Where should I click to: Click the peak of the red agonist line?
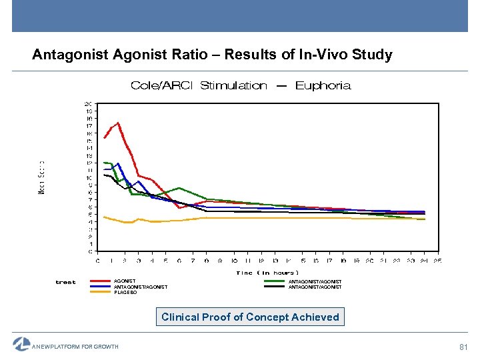pyautogui.click(x=118, y=123)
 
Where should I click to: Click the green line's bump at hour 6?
pyautogui.click(x=179, y=188)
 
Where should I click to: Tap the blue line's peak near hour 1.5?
pyautogui.click(x=118, y=163)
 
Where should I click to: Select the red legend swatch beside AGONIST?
pyautogui.click(x=101, y=281)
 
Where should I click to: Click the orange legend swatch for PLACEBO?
pyautogui.click(x=101, y=292)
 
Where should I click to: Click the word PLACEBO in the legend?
pyautogui.click(x=125, y=293)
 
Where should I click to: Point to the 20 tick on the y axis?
pyautogui.click(x=88, y=104)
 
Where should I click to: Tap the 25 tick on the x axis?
pyautogui.click(x=438, y=260)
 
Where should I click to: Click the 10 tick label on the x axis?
pyautogui.click(x=233, y=260)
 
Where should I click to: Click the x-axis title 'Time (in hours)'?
pyautogui.click(x=267, y=272)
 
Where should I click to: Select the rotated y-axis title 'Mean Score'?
pyautogui.click(x=41, y=177)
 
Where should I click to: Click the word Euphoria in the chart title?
pyautogui.click(x=323, y=85)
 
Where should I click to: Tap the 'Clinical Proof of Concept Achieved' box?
pyautogui.click(x=250, y=317)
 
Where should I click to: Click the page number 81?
pyautogui.click(x=464, y=346)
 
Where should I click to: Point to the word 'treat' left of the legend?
pyautogui.click(x=65, y=282)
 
